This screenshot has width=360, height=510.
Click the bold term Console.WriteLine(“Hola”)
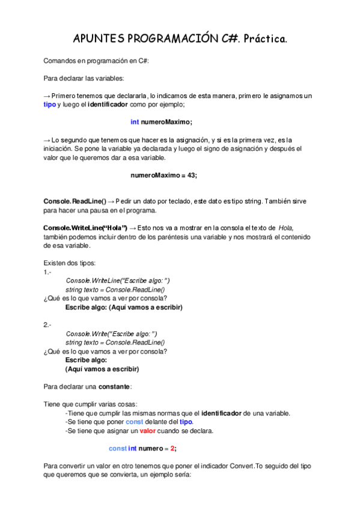85,227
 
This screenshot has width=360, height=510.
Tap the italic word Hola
286,227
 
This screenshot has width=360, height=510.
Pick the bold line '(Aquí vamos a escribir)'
102,369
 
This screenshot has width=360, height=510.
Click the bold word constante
114,386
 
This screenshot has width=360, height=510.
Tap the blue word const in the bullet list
135,422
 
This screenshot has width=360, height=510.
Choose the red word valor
147,431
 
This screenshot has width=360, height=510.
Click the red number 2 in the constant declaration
172,448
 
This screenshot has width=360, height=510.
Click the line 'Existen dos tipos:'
66,263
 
